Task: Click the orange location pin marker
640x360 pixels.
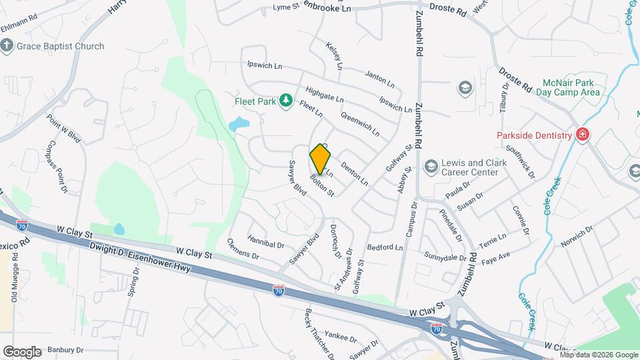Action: (321, 159)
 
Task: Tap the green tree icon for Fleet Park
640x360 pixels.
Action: (286, 100)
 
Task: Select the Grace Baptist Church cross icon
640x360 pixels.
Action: (7, 46)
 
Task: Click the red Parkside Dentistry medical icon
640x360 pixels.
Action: (583, 135)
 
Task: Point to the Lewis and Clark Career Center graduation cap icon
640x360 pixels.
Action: (431, 165)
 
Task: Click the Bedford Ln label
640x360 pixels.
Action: (385, 247)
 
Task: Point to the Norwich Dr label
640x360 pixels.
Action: (577, 236)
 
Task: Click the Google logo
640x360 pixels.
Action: (22, 352)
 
